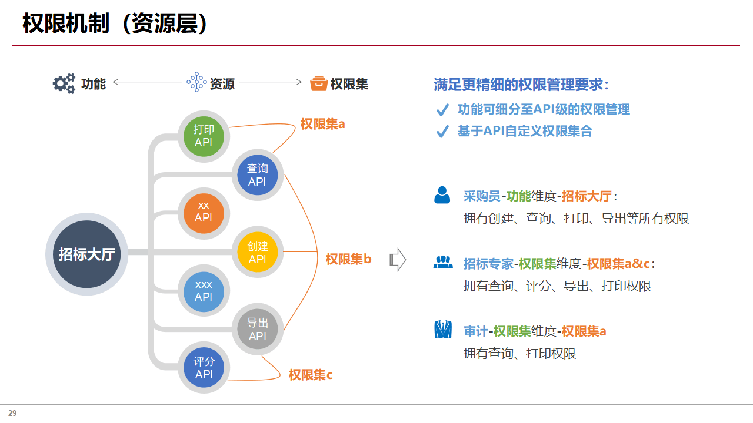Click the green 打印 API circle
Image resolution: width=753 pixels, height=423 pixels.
pos(204,136)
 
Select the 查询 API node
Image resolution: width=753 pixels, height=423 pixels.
pos(257,175)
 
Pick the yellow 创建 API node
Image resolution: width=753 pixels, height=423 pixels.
pos(257,253)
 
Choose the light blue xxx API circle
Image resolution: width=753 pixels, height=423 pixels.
pos(204,291)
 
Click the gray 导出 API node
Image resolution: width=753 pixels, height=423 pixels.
pos(257,329)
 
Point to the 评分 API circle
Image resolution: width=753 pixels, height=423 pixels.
pos(204,368)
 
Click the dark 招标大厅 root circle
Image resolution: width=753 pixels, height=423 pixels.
pos(86,254)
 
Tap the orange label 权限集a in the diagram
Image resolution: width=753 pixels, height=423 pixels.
pos(322,124)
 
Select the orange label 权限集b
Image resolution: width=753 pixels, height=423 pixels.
pos(348,259)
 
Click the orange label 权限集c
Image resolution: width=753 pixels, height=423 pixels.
pos(311,375)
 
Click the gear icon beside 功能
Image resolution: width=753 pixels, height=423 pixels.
pos(64,83)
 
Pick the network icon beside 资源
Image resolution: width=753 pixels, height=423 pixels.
pos(196,83)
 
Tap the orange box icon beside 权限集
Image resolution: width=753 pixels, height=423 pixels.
pos(318,83)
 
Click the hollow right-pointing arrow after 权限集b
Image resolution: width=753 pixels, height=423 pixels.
pos(398,259)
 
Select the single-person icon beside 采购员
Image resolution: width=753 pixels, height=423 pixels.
pos(442,195)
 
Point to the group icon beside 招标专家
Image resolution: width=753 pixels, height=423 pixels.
pos(443,263)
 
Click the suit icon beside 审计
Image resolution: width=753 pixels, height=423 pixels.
pos(442,330)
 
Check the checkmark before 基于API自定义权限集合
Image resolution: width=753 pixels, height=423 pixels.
pos(442,132)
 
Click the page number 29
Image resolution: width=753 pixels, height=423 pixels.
pos(12,413)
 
